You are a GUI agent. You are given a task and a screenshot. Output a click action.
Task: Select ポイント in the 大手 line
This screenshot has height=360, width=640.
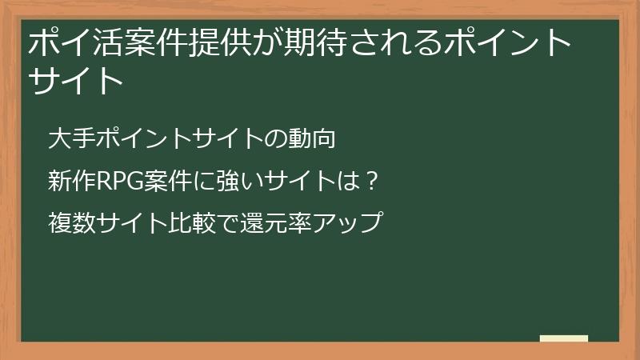[142, 138]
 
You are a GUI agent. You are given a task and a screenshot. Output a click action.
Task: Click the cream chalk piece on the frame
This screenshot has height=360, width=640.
[564, 338]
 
